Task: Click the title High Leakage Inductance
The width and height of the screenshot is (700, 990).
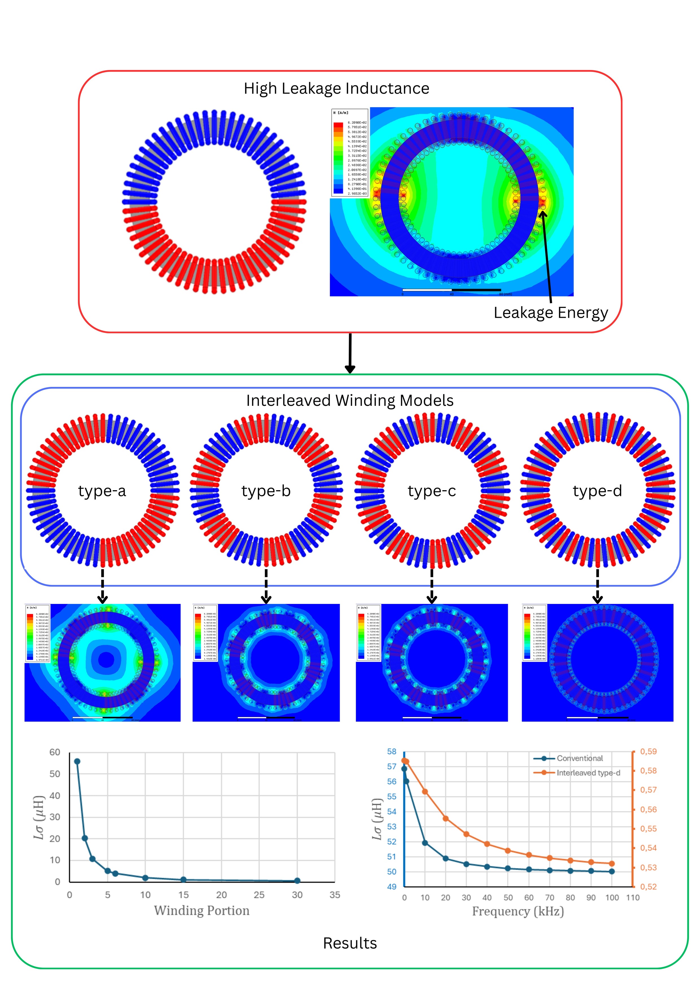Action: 336,88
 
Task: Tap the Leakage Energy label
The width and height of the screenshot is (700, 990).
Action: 550,313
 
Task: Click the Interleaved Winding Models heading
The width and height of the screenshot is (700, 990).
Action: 350,400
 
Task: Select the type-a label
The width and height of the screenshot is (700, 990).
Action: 102,491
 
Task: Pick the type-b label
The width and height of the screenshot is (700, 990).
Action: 266,491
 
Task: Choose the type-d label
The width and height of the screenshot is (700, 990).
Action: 597,491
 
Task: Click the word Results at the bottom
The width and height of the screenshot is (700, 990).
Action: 350,943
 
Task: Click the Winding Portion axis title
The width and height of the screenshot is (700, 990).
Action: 202,910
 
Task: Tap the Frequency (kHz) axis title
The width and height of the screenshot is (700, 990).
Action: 518,911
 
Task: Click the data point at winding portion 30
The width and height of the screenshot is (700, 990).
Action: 297,881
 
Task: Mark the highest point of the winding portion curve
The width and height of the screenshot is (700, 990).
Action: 77,761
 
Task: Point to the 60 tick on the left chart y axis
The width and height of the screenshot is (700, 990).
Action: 55,752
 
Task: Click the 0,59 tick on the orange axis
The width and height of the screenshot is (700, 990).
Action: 648,752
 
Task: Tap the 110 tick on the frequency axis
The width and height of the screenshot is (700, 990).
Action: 633,898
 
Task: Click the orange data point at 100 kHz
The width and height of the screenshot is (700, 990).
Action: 612,864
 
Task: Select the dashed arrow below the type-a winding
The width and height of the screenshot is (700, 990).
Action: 102,586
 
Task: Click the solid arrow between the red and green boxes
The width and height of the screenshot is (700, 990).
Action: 350,353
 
